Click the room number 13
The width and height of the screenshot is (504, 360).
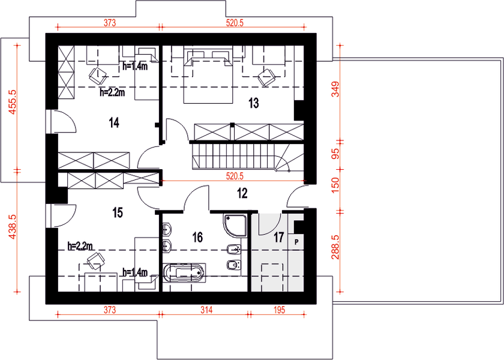(x=254, y=103)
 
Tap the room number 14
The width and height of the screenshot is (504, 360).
(x=114, y=123)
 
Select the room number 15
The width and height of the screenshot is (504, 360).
(x=118, y=212)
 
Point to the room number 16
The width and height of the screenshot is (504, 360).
(x=197, y=237)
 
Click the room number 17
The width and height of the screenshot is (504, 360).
(x=279, y=237)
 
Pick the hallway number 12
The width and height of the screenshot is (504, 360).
(x=242, y=193)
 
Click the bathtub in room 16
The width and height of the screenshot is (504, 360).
(x=183, y=273)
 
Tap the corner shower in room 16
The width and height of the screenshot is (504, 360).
(x=235, y=226)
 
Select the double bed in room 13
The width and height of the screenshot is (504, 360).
(x=208, y=77)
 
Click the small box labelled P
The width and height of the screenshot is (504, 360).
(x=296, y=241)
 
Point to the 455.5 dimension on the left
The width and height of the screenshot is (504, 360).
(x=12, y=101)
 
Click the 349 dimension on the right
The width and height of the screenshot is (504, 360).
(x=335, y=89)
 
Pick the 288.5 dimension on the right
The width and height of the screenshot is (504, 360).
(x=335, y=247)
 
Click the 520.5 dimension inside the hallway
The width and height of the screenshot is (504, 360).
(x=235, y=176)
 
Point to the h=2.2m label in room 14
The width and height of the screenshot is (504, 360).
(x=112, y=92)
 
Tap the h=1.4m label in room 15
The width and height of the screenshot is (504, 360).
(x=135, y=273)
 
